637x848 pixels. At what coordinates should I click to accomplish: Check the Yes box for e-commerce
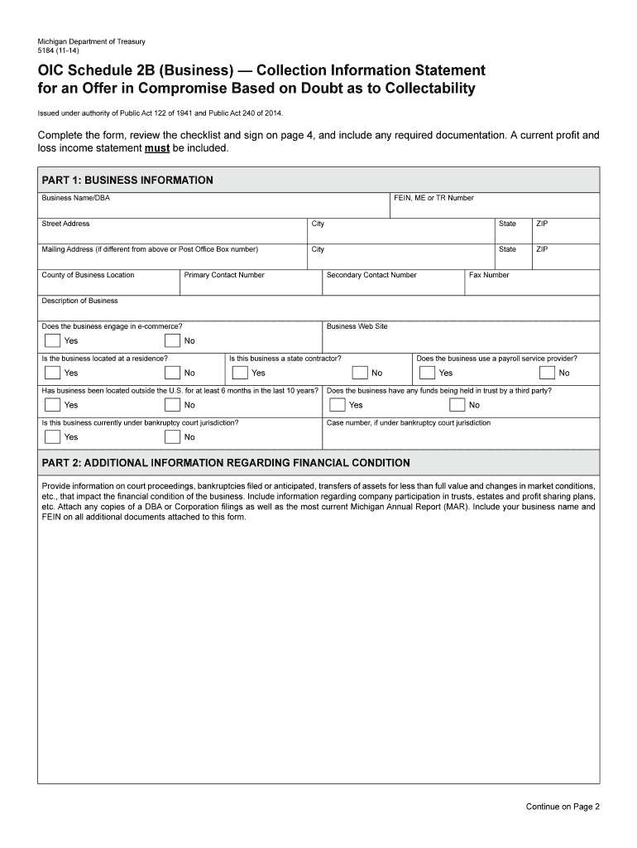(x=52, y=340)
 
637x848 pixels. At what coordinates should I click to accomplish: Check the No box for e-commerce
(x=172, y=340)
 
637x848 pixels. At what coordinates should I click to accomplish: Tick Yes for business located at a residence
(x=52, y=373)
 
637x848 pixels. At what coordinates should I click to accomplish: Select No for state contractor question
(x=359, y=373)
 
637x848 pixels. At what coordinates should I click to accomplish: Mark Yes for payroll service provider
(x=427, y=373)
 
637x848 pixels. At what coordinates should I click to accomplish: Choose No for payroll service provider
(x=547, y=373)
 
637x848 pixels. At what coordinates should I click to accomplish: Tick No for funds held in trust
(x=457, y=405)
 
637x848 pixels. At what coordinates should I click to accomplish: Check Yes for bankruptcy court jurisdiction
(x=52, y=436)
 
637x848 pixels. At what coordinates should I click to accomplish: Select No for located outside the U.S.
(x=172, y=405)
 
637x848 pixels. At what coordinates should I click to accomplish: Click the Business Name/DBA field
(x=213, y=208)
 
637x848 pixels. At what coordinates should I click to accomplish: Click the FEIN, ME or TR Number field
(x=495, y=208)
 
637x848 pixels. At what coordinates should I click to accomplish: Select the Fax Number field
(x=532, y=286)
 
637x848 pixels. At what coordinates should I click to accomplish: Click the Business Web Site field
(x=461, y=338)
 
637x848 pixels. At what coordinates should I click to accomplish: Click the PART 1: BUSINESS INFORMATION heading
(x=127, y=181)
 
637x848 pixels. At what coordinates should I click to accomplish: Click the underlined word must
(x=158, y=148)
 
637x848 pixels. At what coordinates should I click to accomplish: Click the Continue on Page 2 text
(x=562, y=806)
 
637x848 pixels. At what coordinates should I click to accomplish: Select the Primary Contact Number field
(x=251, y=286)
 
